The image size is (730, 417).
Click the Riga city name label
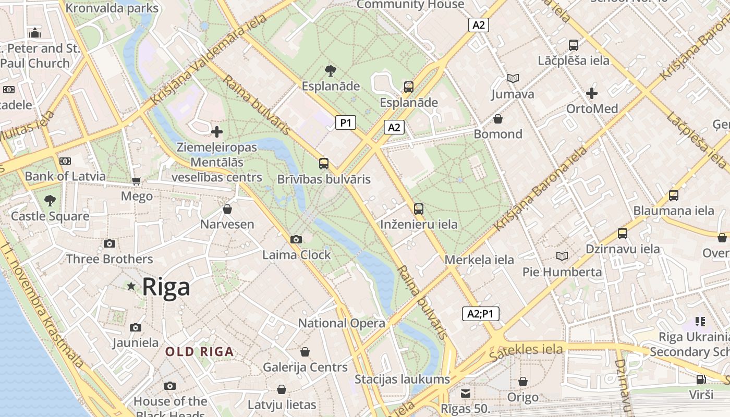[x=166, y=287]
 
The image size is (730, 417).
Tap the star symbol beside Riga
[x=131, y=286]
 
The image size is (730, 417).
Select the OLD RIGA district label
[x=200, y=352]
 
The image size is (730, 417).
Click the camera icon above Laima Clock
[x=296, y=239]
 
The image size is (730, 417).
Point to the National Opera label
[x=342, y=323]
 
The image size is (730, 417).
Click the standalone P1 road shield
[x=345, y=123]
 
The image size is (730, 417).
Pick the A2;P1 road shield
[x=481, y=314]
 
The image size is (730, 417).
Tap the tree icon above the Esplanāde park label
[x=330, y=70]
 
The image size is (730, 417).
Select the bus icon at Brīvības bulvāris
[x=324, y=164]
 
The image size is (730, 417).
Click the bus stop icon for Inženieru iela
[x=419, y=209]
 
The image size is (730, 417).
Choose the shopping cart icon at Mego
[x=137, y=181]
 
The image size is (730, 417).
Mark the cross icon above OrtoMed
[x=592, y=93]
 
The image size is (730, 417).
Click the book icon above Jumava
[x=513, y=79]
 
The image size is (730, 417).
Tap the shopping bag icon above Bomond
[x=498, y=119]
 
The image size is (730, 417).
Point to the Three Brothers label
[x=110, y=259]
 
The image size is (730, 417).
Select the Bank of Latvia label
[x=65, y=176]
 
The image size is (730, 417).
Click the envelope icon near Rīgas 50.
[x=465, y=393]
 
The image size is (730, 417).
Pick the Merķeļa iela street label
[x=479, y=260]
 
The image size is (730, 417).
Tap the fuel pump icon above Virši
[x=701, y=379]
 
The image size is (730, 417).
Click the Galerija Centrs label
[x=305, y=367]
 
